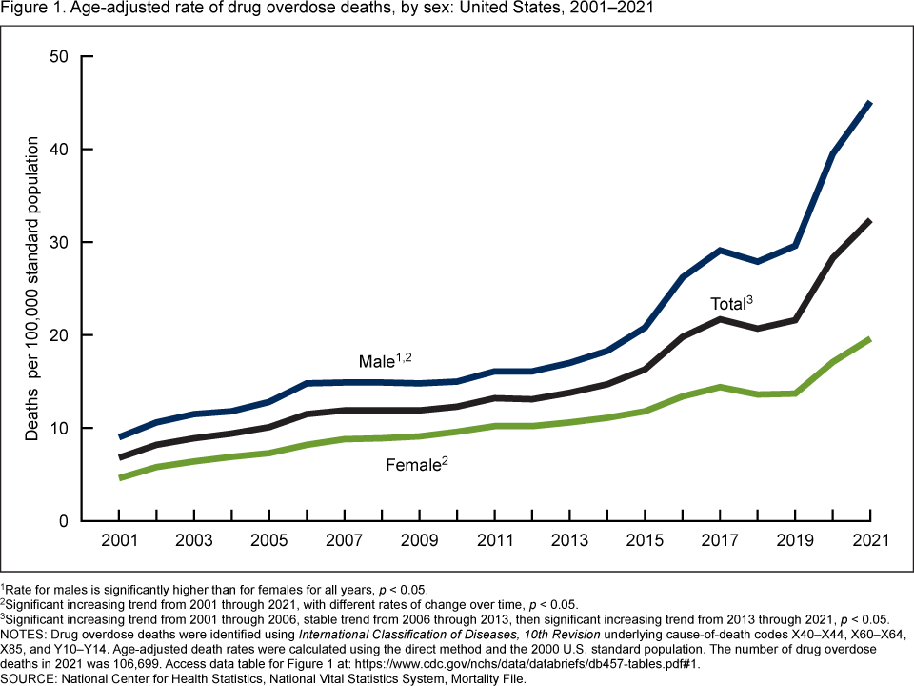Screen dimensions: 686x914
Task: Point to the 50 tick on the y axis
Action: coord(58,56)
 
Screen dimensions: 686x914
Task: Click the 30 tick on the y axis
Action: coord(58,242)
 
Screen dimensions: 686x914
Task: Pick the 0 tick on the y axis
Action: coord(63,521)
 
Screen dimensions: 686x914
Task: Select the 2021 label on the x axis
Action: coord(871,540)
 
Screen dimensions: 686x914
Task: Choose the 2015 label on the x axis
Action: coord(646,540)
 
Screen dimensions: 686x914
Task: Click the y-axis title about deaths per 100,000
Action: coord(32,288)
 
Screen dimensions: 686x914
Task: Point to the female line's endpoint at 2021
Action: coord(870,339)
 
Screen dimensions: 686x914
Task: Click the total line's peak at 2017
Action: coord(721,319)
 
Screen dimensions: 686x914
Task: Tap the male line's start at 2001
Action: coord(119,437)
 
